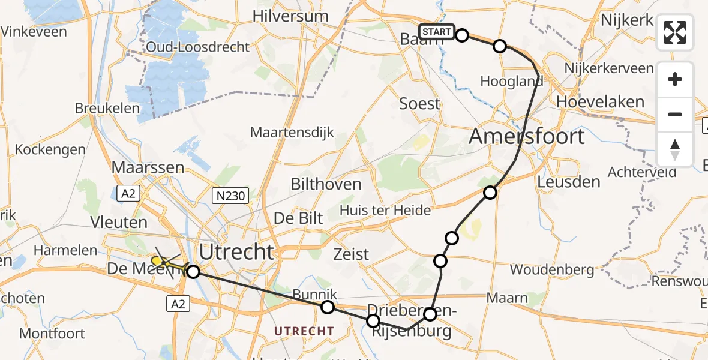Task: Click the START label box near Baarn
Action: pos(437,32)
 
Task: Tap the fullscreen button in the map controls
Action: pos(675,32)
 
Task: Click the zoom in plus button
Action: pos(675,79)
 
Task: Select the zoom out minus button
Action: pos(675,114)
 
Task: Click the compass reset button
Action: pos(675,149)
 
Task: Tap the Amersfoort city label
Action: pos(526,136)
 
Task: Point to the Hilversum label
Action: pos(291,16)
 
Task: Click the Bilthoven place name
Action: pos(326,184)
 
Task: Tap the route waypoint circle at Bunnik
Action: pos(328,308)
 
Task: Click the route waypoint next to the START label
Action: pos(462,35)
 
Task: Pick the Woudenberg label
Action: pos(552,269)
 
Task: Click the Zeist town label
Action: pos(351,254)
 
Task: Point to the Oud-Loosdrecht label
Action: pos(197,47)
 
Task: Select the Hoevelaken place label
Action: pos(600,102)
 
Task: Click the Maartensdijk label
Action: pos(292,132)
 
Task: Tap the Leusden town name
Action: pos(569,182)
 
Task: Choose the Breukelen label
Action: pos(107,109)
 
